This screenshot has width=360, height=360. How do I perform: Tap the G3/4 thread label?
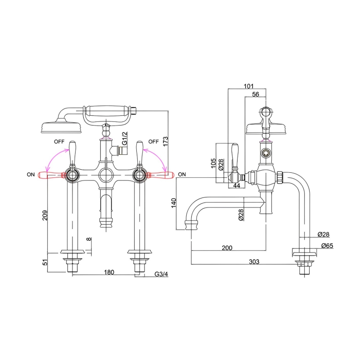point(161,274)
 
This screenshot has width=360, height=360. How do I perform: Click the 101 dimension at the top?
point(248,86)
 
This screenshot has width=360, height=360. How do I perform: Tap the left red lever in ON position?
point(50,175)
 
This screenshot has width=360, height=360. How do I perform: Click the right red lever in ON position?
point(160,175)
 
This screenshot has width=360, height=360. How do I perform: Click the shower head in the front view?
point(61,126)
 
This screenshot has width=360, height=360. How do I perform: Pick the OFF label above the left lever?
point(59,141)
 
